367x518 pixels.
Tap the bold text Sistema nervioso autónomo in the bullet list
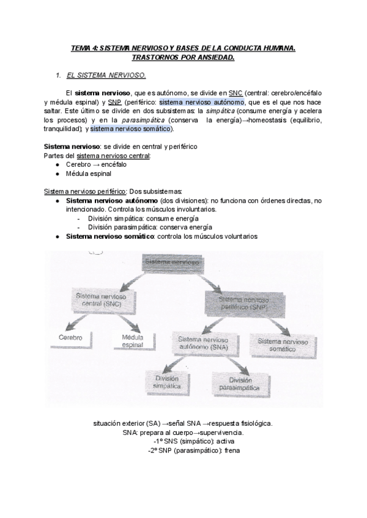coord(110,200)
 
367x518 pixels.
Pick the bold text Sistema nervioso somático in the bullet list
coord(109,236)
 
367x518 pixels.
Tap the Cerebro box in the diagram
coord(70,337)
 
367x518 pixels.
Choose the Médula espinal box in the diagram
coord(132,341)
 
